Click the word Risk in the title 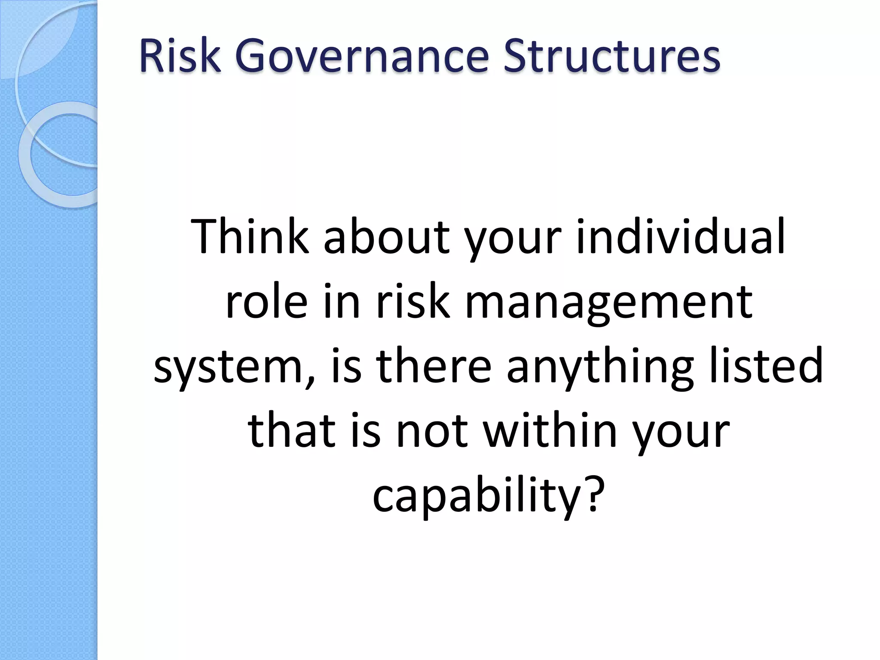(x=180, y=56)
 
